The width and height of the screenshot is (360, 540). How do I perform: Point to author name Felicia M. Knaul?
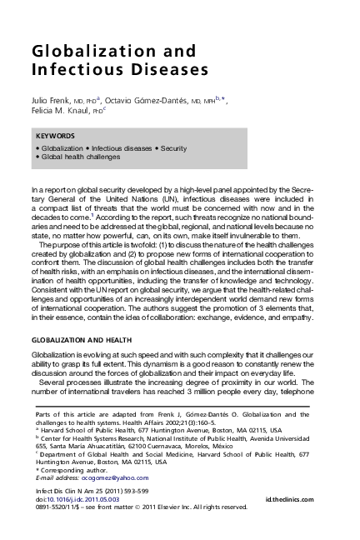[60, 111]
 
